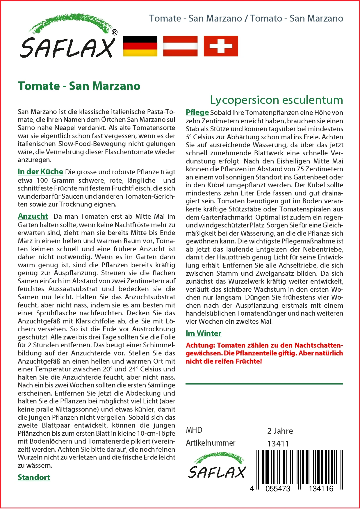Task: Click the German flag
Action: [140, 46]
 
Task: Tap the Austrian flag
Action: [180, 46]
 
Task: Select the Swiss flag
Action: [221, 46]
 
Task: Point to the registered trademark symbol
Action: [115, 32]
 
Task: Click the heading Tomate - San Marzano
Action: [79, 86]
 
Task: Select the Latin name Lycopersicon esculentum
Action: [276, 100]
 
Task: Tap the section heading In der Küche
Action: [40, 172]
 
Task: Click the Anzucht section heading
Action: [33, 216]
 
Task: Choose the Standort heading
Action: [34, 477]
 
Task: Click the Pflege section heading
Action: [197, 112]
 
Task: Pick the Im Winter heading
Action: [204, 333]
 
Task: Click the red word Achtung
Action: [200, 345]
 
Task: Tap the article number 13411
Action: [278, 444]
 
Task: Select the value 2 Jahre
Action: [280, 431]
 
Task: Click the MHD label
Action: [194, 430]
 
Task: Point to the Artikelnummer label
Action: [211, 443]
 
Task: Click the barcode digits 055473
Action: [278, 489]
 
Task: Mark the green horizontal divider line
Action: [264, 384]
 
